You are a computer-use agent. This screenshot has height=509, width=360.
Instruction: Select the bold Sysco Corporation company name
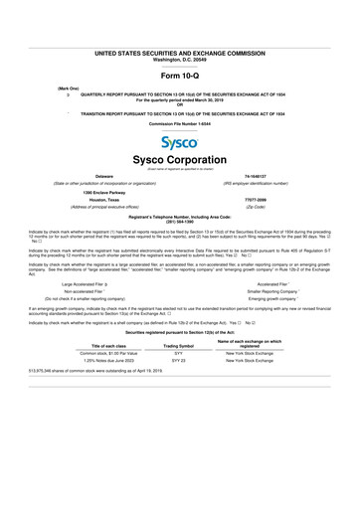(x=180, y=161)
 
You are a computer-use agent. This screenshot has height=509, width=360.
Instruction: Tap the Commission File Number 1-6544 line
(x=180, y=122)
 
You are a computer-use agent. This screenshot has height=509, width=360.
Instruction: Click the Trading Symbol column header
(x=179, y=373)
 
